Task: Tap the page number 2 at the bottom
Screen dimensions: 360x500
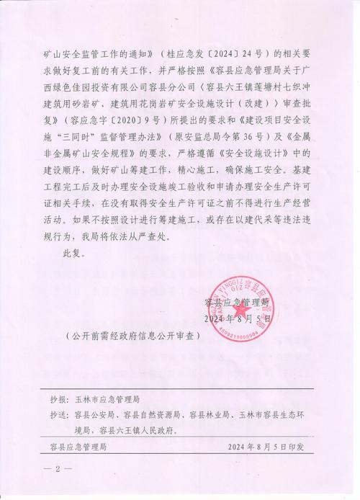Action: (58, 469)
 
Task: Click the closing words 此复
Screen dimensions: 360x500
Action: (73, 254)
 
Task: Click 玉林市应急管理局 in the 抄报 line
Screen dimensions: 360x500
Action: (107, 397)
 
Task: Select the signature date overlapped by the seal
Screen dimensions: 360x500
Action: (237, 318)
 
